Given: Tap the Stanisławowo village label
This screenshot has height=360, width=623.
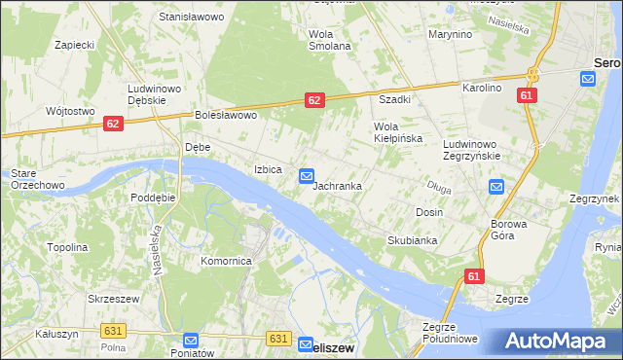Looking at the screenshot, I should tap(192, 18).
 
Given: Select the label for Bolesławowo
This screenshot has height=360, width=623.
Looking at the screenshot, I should tap(225, 115).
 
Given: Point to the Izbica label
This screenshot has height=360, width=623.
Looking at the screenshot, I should tap(268, 169).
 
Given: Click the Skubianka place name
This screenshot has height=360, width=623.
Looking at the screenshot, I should tap(412, 239).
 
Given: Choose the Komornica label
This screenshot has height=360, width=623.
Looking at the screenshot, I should tap(227, 261).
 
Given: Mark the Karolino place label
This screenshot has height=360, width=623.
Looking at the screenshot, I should tap(481, 88).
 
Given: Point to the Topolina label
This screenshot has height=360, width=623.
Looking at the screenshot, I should tap(67, 247).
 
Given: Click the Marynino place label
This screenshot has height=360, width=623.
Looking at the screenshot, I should tap(450, 35).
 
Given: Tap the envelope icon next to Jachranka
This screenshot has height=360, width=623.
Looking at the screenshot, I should tap(307, 175).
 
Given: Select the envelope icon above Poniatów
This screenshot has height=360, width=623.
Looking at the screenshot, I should tap(191, 341).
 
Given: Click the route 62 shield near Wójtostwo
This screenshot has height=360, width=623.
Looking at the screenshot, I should tap(114, 124).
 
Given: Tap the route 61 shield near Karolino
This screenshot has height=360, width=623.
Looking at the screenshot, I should tap(527, 95).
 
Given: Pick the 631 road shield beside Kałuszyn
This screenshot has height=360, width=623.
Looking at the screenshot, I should tap(113, 332).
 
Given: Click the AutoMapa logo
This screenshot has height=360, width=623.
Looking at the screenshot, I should tap(561, 341).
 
